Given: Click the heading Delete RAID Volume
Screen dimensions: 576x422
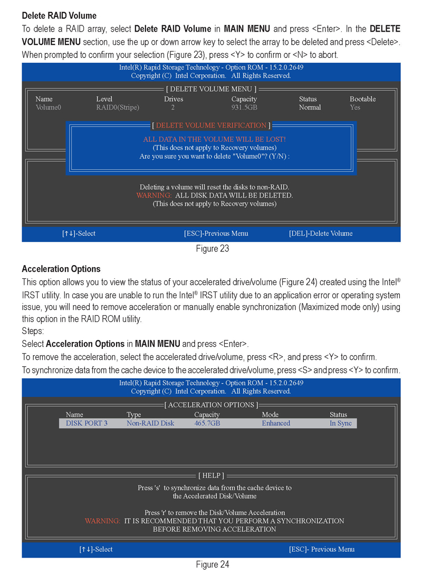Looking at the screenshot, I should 59,16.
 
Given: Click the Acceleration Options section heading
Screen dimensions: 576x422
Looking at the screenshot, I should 61,269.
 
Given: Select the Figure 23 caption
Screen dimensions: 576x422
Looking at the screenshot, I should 212,249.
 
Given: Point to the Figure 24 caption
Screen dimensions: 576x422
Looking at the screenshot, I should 212,564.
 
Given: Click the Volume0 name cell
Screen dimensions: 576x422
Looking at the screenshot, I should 49,108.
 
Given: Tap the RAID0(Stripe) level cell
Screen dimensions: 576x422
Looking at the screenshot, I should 118,108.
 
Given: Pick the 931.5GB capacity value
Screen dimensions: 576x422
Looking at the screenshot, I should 244,108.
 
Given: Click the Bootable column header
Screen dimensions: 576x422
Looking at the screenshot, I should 363,99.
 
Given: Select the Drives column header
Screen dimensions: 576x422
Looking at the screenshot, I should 174,99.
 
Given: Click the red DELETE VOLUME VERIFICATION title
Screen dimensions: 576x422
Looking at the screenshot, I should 211,125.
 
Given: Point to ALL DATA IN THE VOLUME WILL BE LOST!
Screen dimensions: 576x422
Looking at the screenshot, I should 214,139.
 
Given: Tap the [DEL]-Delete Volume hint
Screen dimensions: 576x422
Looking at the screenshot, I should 321,233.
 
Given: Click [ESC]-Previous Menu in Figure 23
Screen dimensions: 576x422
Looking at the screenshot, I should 216,233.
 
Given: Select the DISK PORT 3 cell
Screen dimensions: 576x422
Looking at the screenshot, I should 87,423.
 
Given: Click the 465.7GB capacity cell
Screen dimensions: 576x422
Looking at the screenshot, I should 207,423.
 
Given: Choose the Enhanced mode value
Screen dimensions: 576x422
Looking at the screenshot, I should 276,423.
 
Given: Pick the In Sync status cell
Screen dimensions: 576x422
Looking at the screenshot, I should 341,423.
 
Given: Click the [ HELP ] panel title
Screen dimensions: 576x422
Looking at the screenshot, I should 212,475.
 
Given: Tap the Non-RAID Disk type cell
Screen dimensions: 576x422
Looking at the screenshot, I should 150,423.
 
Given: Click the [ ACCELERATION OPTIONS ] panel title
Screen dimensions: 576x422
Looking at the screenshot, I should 212,405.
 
